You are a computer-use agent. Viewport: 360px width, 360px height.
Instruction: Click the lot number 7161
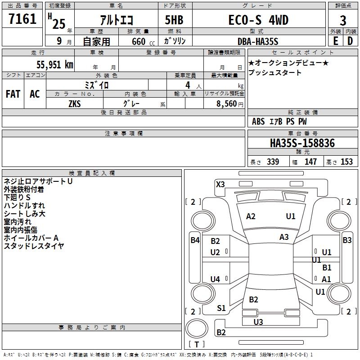coord(22,19)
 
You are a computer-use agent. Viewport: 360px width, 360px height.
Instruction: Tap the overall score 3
coord(343,20)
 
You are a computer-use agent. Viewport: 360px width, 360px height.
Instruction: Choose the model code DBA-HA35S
coord(258,41)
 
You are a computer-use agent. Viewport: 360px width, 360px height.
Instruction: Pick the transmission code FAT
coord(13,94)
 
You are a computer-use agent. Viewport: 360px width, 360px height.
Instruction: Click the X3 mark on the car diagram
coord(220,184)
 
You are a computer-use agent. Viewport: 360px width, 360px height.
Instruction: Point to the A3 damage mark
coord(284,237)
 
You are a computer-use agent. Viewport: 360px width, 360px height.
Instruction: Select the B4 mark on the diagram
coord(195,240)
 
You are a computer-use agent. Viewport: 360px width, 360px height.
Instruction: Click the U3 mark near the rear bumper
coord(258,322)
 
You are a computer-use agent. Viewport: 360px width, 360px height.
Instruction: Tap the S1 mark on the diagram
coord(221,308)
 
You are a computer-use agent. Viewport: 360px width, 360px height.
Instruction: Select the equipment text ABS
coord(258,121)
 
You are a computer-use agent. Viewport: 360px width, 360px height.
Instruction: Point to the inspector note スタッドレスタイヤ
coord(34,246)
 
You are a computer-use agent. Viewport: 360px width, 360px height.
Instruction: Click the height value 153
coord(346,162)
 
